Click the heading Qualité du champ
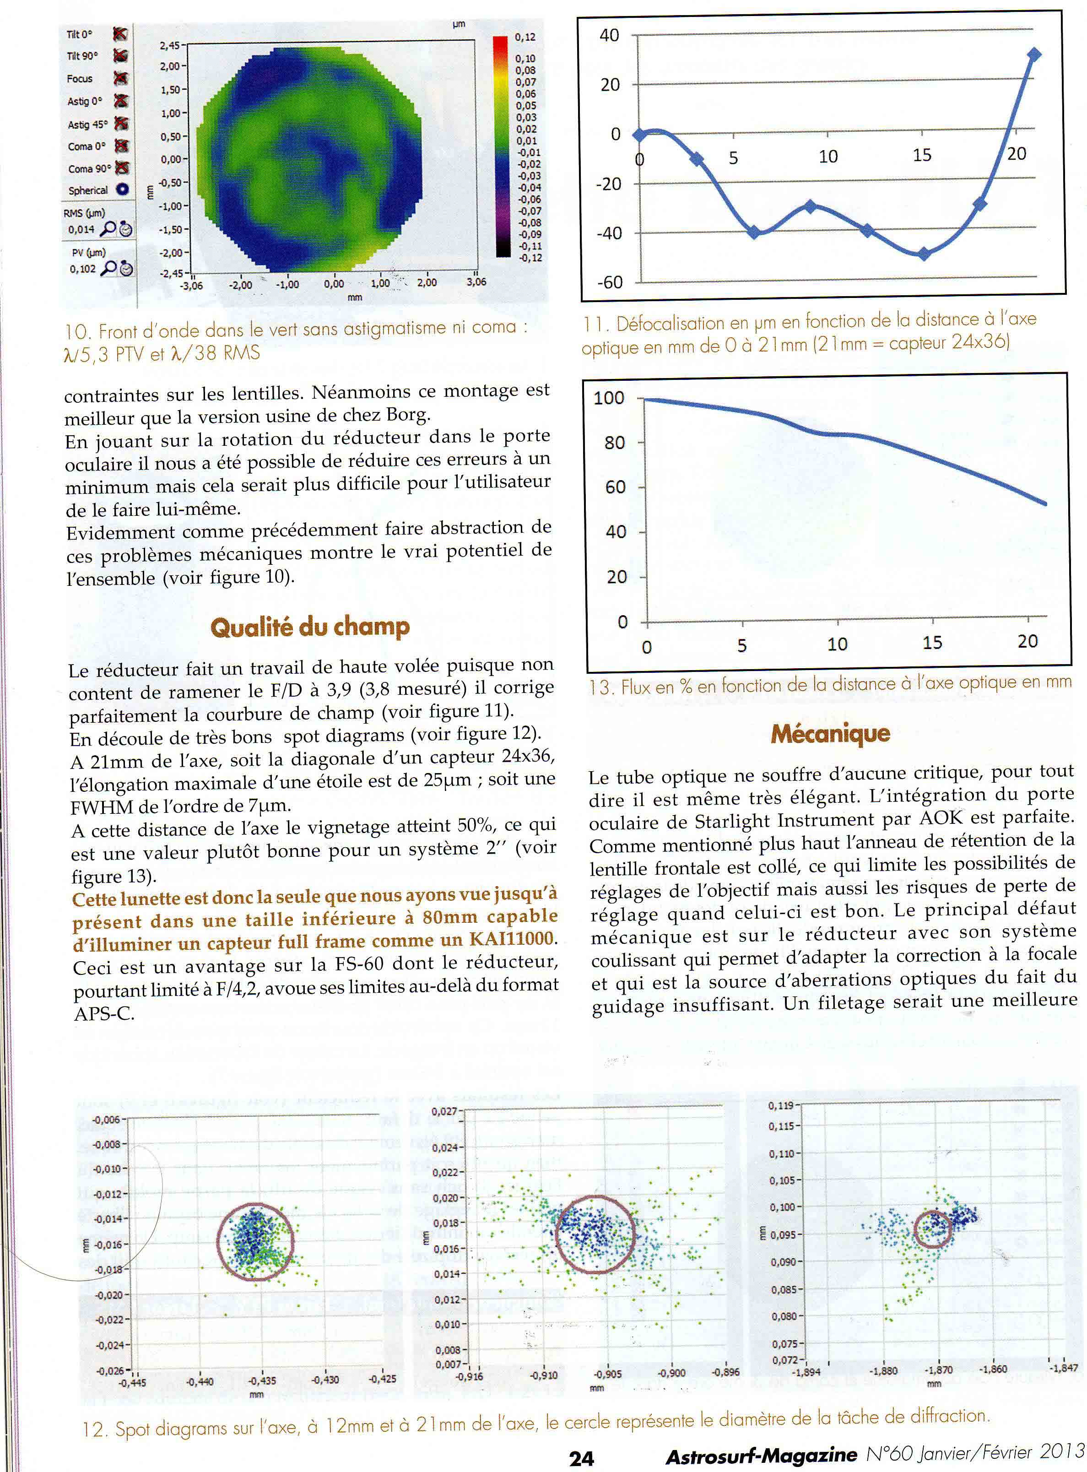(x=310, y=627)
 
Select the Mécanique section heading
(x=830, y=733)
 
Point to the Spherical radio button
(x=122, y=189)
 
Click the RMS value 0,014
(x=81, y=230)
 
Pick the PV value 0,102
(x=83, y=269)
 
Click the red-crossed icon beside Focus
(x=120, y=78)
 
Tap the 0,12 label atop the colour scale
(x=525, y=38)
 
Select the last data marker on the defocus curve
(x=1034, y=54)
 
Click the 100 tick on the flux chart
(x=609, y=398)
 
